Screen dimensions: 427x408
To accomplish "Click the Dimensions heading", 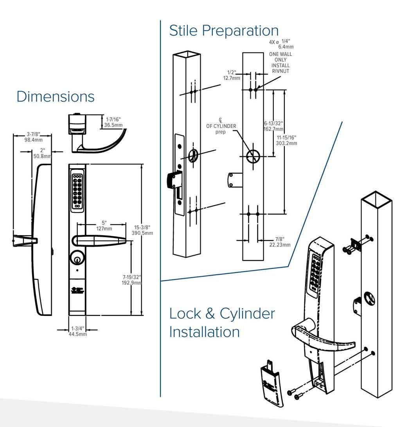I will coord(55,97).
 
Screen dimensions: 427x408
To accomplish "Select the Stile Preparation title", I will coord(224,31).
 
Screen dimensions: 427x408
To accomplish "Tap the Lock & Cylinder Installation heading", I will coord(222,323).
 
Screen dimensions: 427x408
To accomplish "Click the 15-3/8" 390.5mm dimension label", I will coord(143,230).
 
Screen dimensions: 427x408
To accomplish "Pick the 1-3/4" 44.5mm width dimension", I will coord(77,331).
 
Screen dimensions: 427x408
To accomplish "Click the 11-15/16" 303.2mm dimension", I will coord(287,140).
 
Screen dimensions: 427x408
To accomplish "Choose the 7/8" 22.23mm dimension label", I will coord(280,242).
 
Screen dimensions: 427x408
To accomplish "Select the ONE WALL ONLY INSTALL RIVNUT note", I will coord(280,63).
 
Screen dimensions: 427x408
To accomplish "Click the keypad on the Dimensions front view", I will coord(77,189).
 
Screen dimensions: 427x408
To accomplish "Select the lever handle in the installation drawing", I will coord(321,337).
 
